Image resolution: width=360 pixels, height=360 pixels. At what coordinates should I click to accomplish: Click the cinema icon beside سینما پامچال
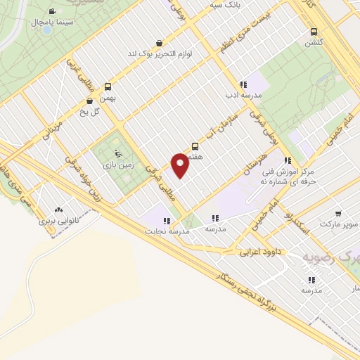pos(53,12)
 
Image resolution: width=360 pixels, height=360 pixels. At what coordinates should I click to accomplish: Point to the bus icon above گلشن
pos(314,31)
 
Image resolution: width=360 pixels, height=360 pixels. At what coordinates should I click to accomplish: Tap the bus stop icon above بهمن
pos(108,87)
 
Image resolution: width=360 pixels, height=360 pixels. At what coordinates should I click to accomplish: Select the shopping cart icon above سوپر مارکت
pos(339,213)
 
